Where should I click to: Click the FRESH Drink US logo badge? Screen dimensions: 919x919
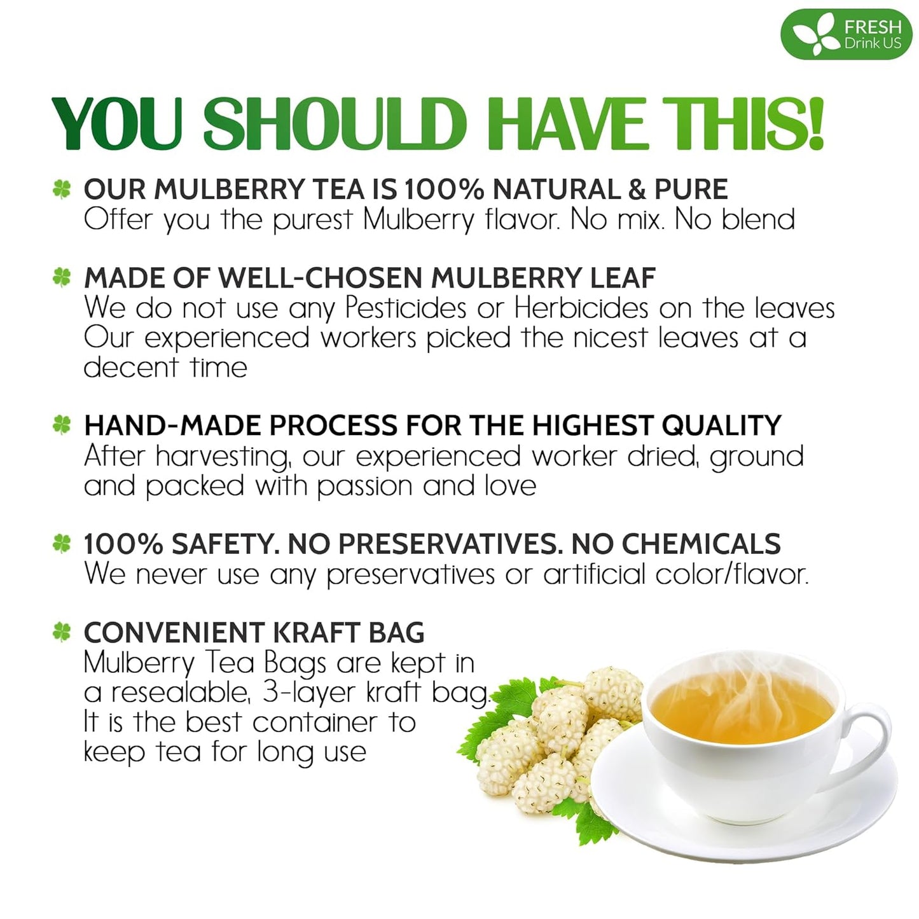846,34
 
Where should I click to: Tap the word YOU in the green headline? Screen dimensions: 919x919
118,124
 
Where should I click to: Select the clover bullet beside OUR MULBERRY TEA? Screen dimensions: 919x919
62,189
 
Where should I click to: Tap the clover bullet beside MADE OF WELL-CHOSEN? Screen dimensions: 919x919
62,277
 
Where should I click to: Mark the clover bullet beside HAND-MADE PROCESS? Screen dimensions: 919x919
62,425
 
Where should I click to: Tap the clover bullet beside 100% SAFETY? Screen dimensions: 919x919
62,543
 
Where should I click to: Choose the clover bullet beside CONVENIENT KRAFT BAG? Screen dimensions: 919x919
62,632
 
